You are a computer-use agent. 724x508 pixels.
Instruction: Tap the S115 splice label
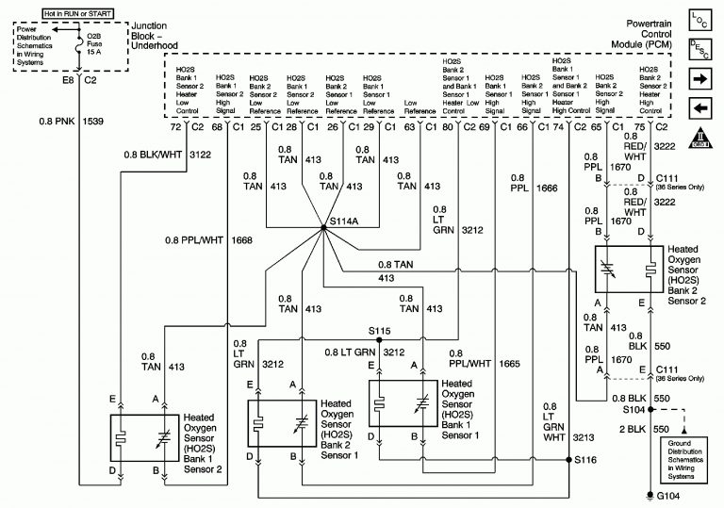(381, 331)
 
